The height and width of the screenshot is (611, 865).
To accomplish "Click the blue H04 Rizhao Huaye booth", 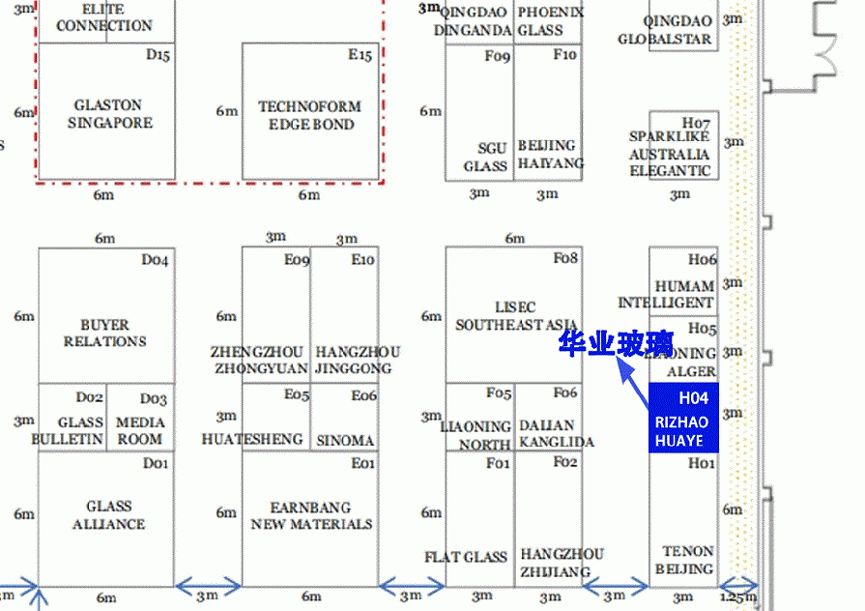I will click(683, 418).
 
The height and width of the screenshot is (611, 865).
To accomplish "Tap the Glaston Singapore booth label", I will click(108, 114).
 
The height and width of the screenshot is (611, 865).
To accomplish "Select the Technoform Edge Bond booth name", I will click(310, 115).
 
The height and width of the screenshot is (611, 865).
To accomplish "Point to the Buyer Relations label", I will click(105, 334).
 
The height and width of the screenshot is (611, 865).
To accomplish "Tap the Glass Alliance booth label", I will click(108, 515).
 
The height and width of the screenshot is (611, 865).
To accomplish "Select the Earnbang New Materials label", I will click(311, 515).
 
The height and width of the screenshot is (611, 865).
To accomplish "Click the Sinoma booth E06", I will click(345, 440).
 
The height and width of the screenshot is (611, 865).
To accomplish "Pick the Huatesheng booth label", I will click(252, 439).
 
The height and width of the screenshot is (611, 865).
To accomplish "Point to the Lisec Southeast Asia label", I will click(516, 316).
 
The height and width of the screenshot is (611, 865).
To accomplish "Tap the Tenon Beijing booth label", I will click(684, 560).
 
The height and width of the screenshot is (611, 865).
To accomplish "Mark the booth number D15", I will click(158, 55).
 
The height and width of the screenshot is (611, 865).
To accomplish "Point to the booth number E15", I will click(360, 55).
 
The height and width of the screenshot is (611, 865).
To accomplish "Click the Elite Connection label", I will click(103, 17).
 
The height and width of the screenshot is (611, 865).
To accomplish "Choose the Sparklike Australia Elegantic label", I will click(670, 154).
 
